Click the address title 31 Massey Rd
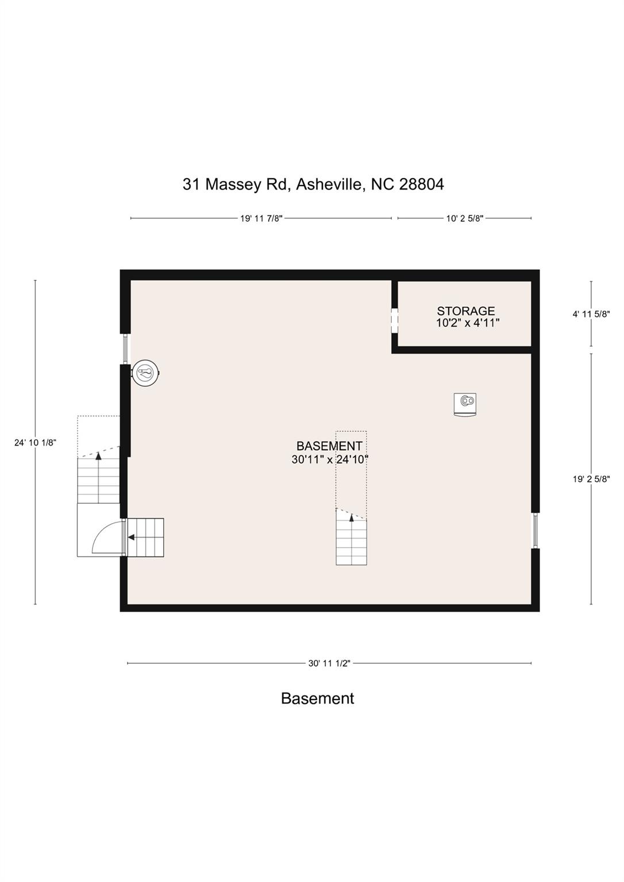[313, 184]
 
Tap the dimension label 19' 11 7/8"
[261, 218]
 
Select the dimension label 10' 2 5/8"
[464, 218]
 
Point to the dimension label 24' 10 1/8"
[35, 442]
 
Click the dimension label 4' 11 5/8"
[591, 314]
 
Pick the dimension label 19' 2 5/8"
[591, 479]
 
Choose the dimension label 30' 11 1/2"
[329, 663]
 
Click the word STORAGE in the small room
[466, 311]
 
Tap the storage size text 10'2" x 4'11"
[467, 323]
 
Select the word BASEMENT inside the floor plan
[329, 446]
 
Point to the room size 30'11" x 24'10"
[329, 459]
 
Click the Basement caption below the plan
[317, 698]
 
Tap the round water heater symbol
[145, 374]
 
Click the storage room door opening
[395, 320]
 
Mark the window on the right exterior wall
[536, 531]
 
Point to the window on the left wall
[125, 349]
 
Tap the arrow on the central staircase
[352, 518]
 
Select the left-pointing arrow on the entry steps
[132, 538]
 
